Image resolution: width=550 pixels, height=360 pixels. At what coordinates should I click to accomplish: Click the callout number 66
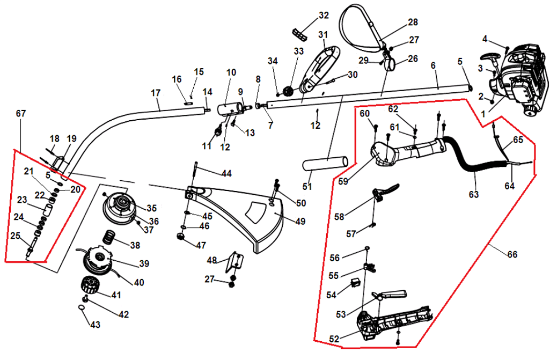click(512, 254)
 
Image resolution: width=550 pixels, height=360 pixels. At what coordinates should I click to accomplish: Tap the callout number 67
click(21, 114)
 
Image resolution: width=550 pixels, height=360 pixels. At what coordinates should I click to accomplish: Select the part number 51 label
click(306, 187)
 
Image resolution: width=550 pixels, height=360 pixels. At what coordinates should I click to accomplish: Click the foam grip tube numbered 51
click(326, 163)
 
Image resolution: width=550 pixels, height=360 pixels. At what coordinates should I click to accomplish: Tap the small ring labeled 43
click(80, 307)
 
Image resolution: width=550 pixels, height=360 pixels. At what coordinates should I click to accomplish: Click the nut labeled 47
click(181, 236)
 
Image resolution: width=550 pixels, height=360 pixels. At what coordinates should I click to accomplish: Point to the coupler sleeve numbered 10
click(228, 109)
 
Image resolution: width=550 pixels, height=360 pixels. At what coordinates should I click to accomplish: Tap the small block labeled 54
click(354, 282)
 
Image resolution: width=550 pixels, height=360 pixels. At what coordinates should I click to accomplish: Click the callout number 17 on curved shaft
click(156, 93)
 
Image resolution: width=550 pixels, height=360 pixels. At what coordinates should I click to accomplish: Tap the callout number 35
click(152, 208)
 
